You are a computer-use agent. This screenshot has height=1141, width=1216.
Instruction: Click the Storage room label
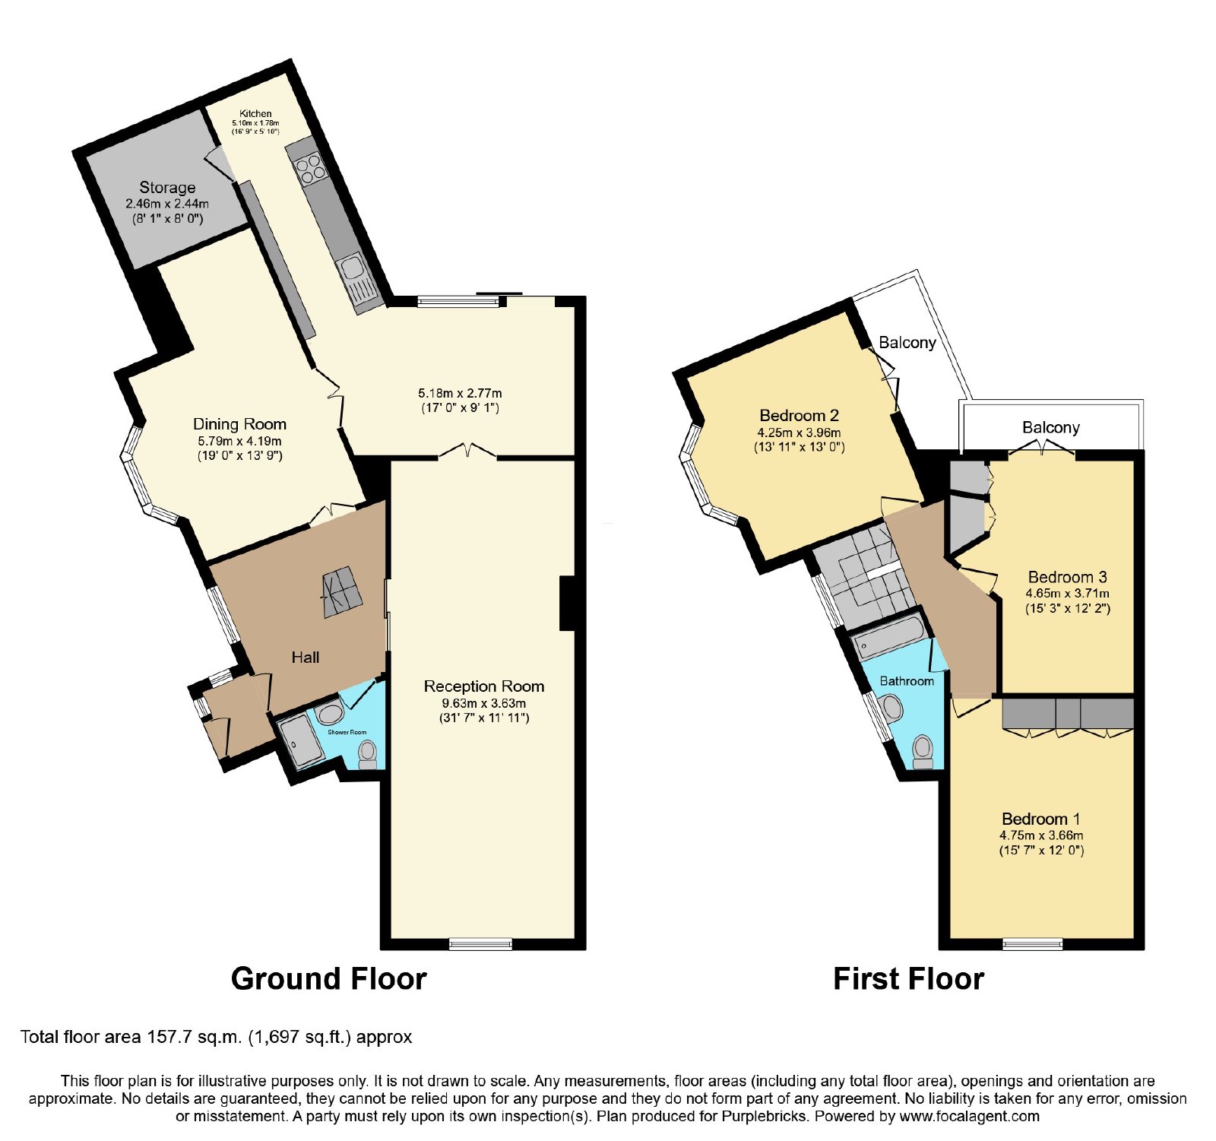(167, 187)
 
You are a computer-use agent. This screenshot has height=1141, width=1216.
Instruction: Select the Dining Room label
(239, 424)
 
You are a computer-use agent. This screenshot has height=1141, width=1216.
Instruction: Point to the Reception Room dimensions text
(484, 710)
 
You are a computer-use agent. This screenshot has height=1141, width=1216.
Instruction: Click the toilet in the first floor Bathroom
(923, 752)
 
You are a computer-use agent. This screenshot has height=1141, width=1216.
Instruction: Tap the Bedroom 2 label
(799, 416)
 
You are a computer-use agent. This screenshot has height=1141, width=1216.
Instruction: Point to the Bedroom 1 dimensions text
(1041, 842)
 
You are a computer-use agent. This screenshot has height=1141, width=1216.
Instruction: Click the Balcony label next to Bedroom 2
(907, 342)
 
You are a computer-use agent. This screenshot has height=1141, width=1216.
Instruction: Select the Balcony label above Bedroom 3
(1051, 427)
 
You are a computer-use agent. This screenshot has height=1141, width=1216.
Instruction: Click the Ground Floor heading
(328, 979)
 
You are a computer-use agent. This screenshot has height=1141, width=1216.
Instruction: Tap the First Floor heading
(908, 979)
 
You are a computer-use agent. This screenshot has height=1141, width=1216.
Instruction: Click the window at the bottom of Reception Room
(480, 944)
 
